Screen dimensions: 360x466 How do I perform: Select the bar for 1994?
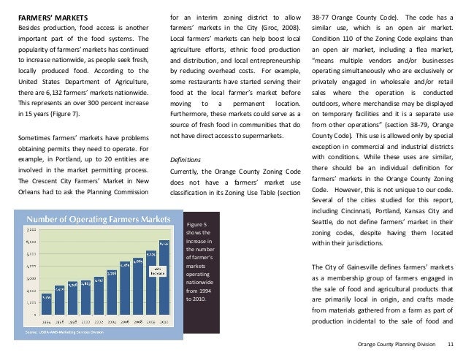click(46, 304)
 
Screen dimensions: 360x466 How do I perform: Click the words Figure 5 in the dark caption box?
click(196, 223)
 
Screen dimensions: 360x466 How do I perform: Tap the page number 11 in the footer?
click(450, 343)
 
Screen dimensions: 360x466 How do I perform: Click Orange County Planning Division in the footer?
click(401, 343)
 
